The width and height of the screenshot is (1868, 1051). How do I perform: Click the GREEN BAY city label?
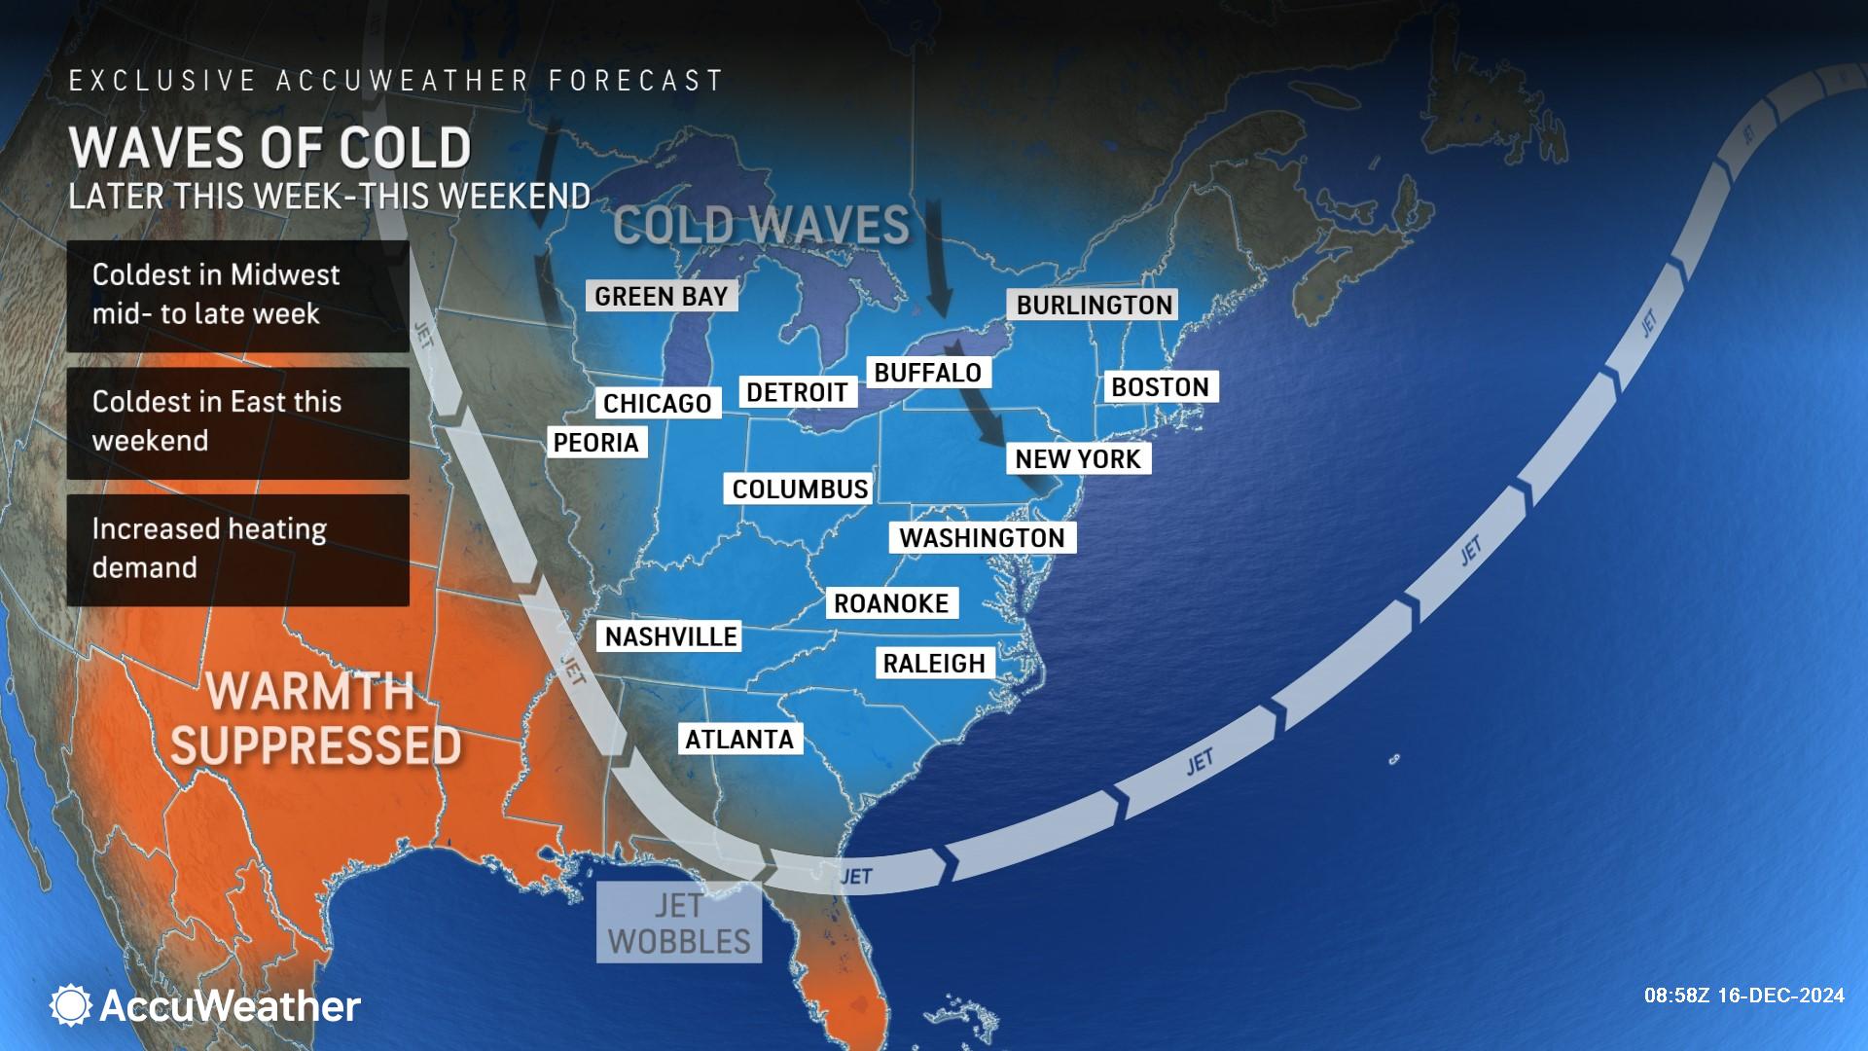coord(662,296)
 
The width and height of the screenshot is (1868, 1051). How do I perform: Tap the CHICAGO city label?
coord(658,403)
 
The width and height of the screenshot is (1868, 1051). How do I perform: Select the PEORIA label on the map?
coord(595,443)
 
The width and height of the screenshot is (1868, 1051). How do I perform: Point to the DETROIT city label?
coord(797,392)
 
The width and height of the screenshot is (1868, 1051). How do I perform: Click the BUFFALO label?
coord(928,373)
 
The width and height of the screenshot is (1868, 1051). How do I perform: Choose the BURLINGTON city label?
coord(1095,305)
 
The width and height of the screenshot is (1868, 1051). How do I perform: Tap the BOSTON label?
coord(1160,387)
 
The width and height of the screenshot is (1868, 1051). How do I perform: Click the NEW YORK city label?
coord(1078,458)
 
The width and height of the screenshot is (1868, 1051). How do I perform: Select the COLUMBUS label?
coord(800,489)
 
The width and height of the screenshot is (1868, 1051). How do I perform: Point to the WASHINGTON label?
coord(982,538)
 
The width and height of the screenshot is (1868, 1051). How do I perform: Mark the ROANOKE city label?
coord(891,603)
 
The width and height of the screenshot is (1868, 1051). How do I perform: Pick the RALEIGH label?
coord(934,663)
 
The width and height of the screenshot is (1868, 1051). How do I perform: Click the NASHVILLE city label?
coord(671,636)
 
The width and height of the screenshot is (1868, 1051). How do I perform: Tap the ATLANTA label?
coord(739,739)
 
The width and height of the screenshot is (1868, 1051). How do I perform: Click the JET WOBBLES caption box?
coord(679,923)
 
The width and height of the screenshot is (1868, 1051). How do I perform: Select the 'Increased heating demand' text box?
coord(237,550)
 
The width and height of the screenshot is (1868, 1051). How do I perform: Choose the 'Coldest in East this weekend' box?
coord(237,422)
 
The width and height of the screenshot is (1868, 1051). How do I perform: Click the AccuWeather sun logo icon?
coord(70,1005)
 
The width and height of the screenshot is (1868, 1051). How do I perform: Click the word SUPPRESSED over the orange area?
coord(316,745)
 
